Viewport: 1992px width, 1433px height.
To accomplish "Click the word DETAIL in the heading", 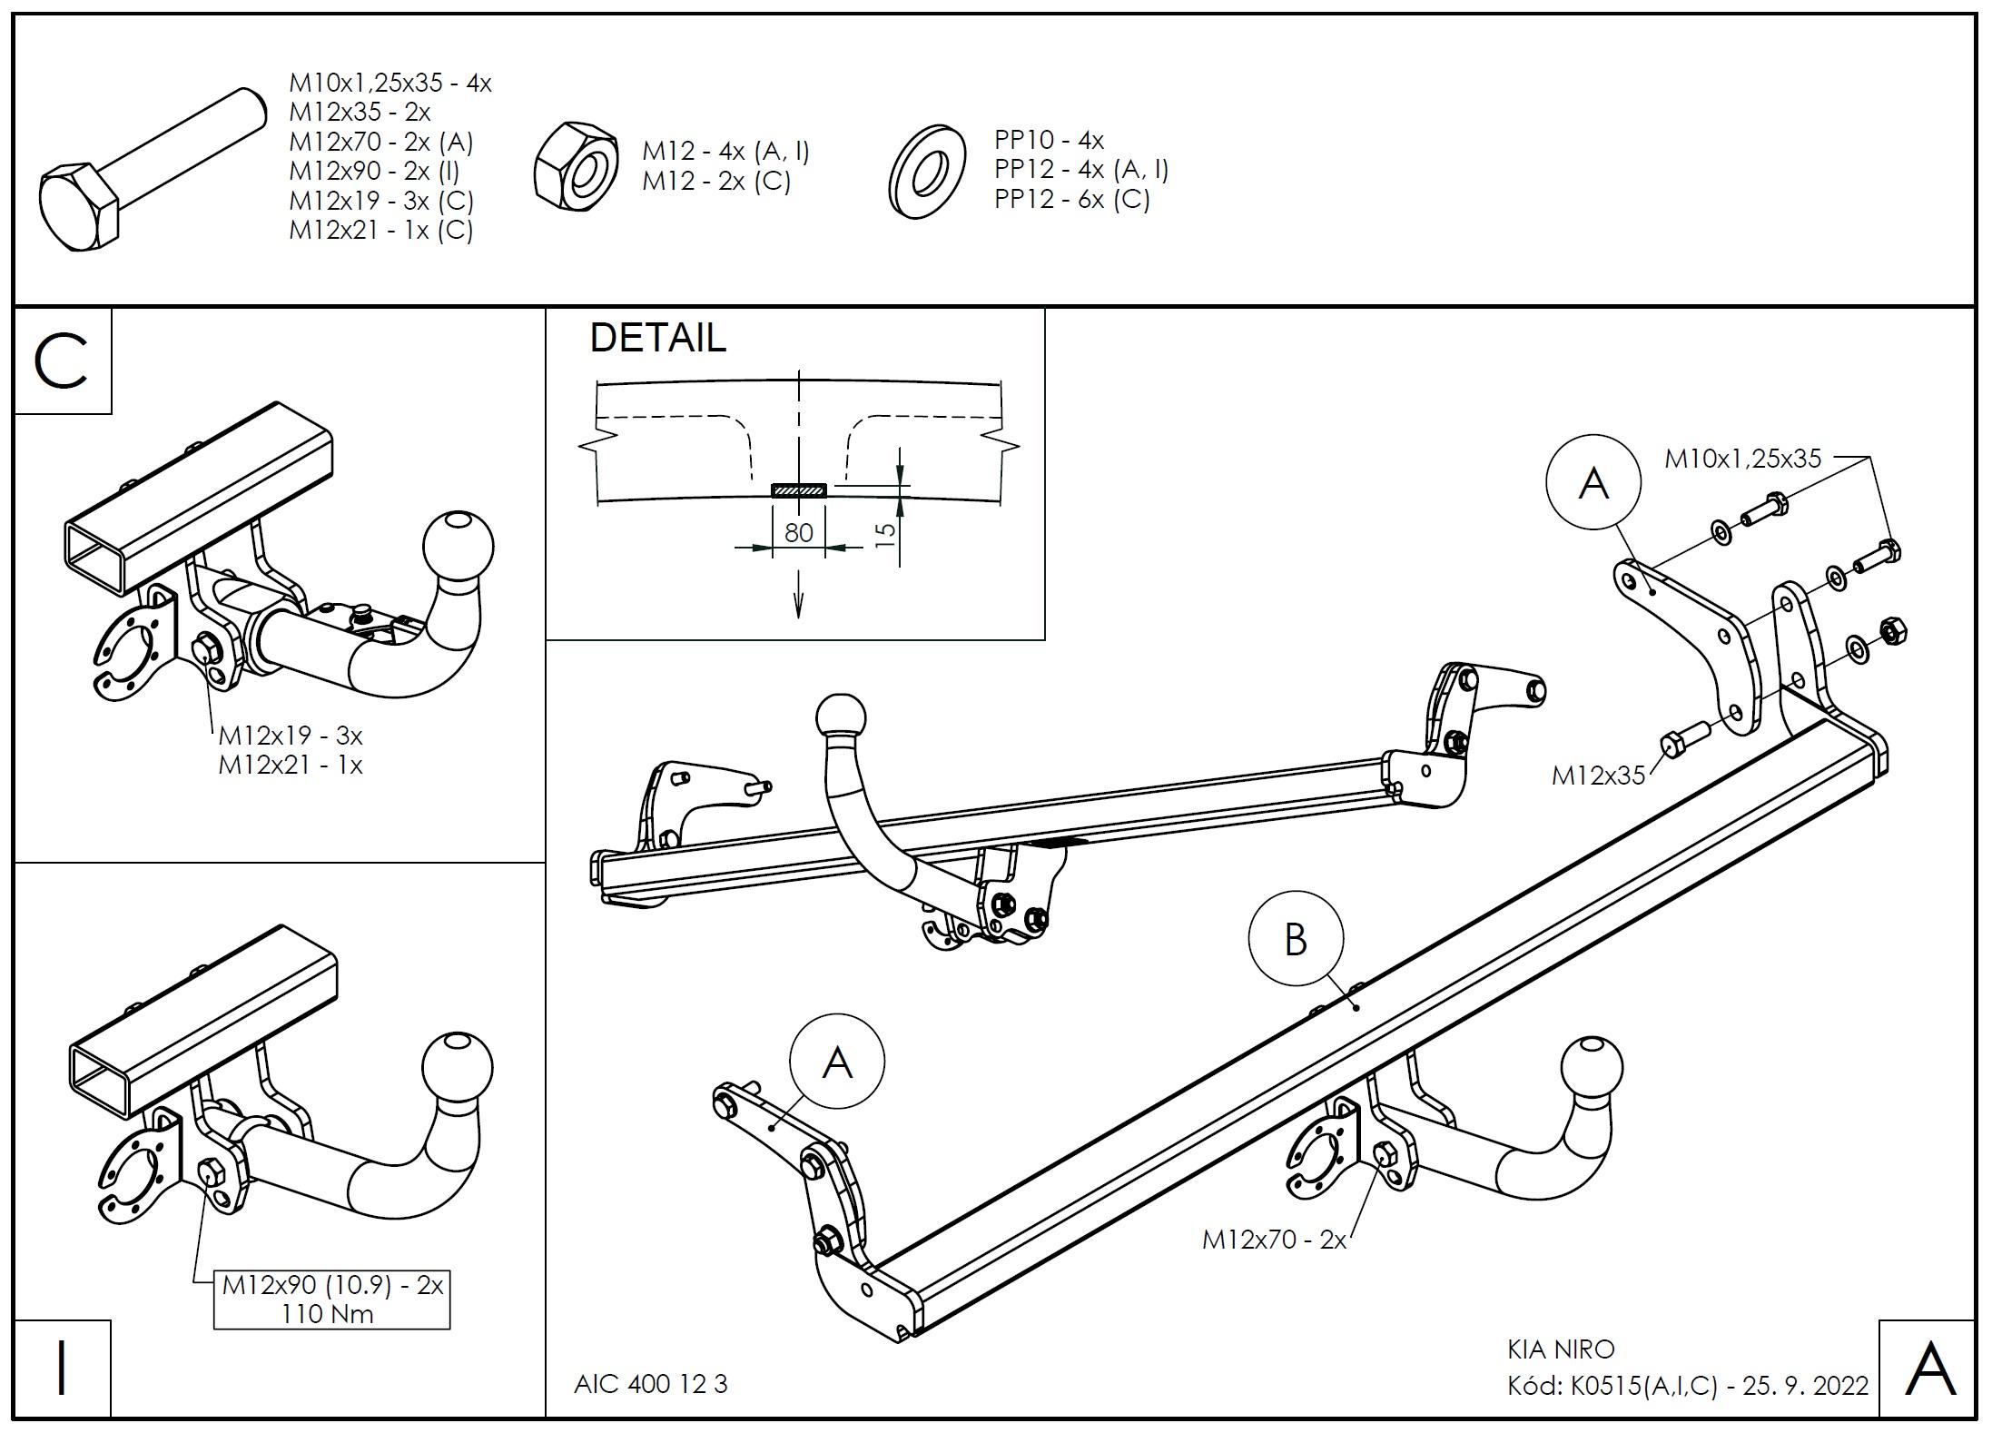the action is tap(658, 338).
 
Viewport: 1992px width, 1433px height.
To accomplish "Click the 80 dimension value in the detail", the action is tap(798, 532).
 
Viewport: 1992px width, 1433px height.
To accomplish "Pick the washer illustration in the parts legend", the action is tap(925, 172).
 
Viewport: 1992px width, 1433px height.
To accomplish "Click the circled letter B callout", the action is tap(1296, 939).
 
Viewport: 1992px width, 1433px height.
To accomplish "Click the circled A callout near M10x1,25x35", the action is tap(1593, 482).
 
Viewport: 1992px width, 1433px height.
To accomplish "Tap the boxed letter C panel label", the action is tap(62, 361).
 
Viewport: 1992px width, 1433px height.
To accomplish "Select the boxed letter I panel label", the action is tap(62, 1368).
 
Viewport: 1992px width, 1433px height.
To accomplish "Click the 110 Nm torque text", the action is tap(328, 1313).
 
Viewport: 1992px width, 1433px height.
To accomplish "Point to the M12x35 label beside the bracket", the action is tap(1598, 775).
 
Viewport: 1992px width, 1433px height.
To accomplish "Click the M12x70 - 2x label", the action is tap(1274, 1239).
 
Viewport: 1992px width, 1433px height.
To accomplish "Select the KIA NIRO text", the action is tap(1562, 1349).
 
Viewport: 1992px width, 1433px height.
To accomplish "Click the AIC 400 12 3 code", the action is tap(651, 1384).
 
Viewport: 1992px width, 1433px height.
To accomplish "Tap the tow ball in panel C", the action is tap(459, 548).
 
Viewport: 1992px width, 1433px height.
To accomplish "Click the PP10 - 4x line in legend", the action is tap(1049, 140).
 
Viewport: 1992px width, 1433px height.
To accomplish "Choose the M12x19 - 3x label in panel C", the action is tap(291, 735).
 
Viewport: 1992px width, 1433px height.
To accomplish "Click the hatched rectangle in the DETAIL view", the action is tap(799, 491).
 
